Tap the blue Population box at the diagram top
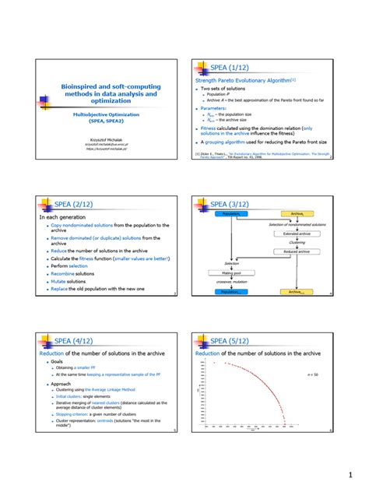point(232,213)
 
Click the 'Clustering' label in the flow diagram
point(297,243)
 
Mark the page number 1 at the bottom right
point(351,473)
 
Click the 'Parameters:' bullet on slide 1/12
point(216,108)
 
